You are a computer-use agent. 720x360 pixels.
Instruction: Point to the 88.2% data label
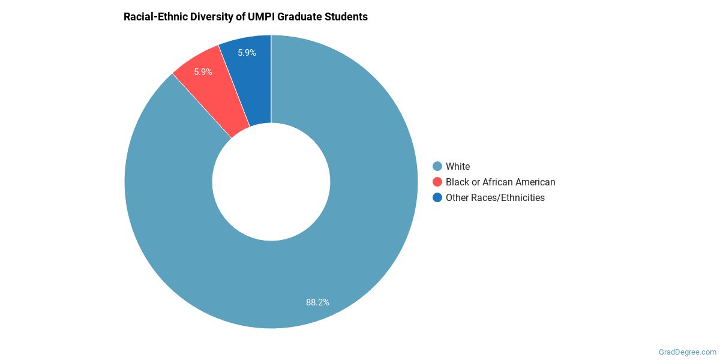pos(317,302)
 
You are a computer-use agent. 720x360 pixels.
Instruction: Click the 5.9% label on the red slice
pos(203,72)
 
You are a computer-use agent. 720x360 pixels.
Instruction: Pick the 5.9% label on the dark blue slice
pos(247,53)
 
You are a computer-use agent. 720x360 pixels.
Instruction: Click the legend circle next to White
pos(437,166)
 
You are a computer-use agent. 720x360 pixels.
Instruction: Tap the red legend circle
pos(437,182)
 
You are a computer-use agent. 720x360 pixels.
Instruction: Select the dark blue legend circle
pos(437,197)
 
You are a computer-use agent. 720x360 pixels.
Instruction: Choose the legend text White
pos(458,166)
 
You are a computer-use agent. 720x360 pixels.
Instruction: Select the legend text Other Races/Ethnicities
pos(495,197)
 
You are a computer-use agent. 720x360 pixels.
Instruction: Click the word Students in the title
pos(347,17)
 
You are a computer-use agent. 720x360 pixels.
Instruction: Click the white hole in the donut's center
pos(271,182)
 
